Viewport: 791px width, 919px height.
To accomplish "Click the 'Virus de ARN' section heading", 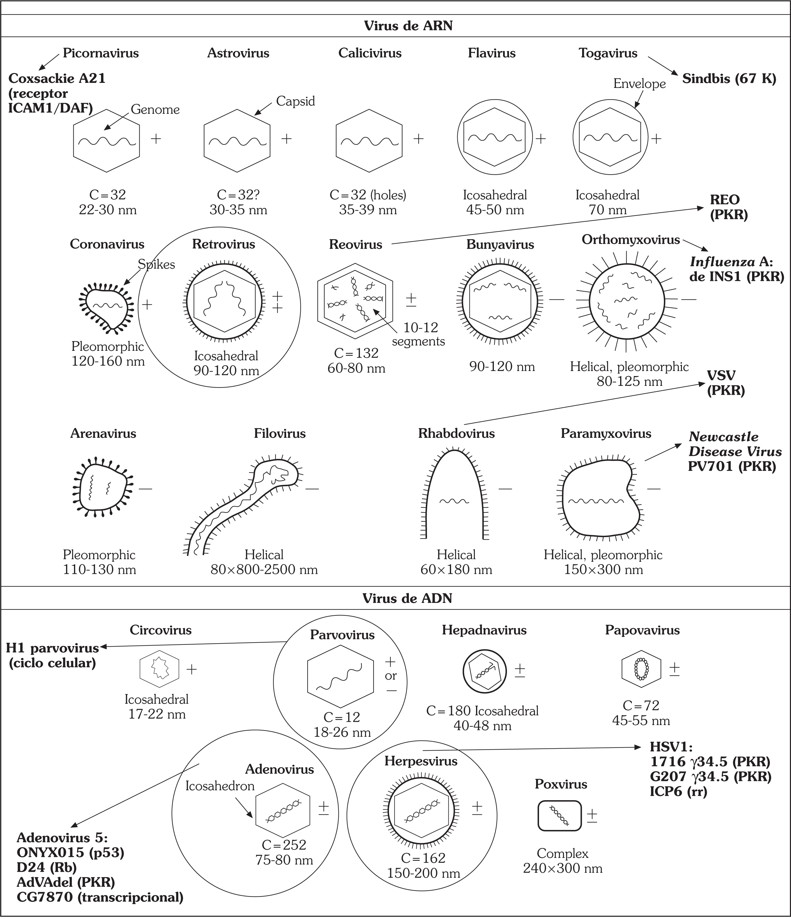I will [408, 26].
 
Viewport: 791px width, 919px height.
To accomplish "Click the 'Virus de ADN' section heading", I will [407, 598].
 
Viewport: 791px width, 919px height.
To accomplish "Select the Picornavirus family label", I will [101, 53].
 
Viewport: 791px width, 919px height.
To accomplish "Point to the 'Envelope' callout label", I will [639, 83].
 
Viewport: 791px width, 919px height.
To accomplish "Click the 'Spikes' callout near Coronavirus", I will [156, 265].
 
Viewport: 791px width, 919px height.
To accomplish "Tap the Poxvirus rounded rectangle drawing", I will [559, 815].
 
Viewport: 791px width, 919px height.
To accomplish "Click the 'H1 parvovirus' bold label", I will [52, 648].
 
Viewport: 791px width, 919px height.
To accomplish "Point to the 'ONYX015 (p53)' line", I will [70, 852].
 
